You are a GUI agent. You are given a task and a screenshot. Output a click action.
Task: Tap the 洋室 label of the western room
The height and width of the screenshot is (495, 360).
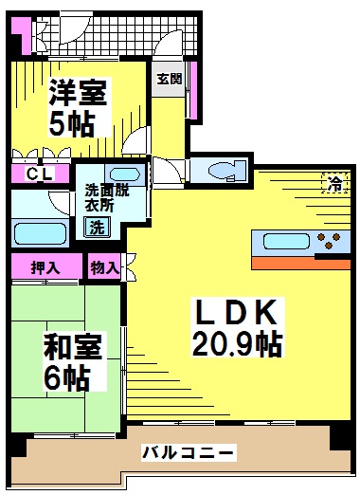pos(78,93)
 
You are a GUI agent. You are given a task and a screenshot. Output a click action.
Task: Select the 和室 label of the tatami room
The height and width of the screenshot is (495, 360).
pos(73,347)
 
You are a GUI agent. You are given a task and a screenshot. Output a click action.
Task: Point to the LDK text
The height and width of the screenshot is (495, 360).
pos(236,312)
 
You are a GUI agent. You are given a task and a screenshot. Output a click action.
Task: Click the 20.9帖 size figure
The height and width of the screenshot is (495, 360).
pos(237,343)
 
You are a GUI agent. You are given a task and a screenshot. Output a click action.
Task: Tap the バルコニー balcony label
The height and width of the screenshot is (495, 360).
pos(189,452)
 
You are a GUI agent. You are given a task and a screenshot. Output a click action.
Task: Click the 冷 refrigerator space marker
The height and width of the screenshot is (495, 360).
pos(335,183)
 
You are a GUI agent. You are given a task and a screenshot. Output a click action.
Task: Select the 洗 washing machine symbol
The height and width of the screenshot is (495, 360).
pos(97,227)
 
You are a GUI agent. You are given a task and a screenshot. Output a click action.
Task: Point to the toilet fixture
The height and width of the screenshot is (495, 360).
pos(226,171)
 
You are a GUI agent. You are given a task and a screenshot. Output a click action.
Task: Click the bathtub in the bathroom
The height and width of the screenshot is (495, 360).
pos(40,233)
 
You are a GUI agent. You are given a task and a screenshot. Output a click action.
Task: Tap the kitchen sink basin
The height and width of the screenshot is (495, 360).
pos(286,241)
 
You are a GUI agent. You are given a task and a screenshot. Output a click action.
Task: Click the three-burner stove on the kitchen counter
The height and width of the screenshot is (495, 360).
pos(329,241)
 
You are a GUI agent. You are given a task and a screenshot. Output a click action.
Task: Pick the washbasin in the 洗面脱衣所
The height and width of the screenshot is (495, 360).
pos(125,174)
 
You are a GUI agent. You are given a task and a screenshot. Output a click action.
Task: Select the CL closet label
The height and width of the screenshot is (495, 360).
pos(40,174)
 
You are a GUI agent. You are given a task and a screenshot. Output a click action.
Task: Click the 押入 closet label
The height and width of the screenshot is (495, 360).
pos(45,267)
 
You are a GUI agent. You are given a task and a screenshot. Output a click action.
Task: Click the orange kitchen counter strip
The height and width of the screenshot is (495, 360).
pos(301,264)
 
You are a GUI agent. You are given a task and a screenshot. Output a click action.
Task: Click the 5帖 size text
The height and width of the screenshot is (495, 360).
pos(72,123)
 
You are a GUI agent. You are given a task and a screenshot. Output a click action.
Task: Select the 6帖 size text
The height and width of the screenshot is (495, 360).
pos(65,378)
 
